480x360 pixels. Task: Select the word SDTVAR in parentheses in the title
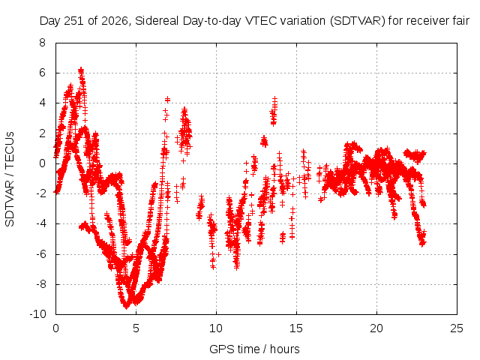tap(358, 21)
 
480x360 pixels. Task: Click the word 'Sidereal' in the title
tap(157, 21)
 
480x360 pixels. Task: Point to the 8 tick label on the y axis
tap(42, 43)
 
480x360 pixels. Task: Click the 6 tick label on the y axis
tap(42, 73)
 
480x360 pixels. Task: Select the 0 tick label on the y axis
tap(42, 163)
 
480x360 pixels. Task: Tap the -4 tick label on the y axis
tap(40, 223)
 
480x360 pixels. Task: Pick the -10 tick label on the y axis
tap(37, 314)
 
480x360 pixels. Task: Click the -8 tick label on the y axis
tap(40, 284)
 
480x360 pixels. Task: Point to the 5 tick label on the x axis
tap(136, 328)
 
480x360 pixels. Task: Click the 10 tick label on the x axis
tap(216, 328)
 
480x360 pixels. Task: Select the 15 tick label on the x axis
tap(296, 328)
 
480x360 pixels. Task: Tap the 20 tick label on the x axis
tap(376, 328)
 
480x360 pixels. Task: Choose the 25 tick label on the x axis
tap(457, 328)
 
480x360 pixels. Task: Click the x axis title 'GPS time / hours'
tap(254, 349)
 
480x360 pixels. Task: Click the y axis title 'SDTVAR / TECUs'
tap(10, 179)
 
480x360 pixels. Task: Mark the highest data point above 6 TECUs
tap(81, 69)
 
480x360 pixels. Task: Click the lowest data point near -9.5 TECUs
tap(127, 307)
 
